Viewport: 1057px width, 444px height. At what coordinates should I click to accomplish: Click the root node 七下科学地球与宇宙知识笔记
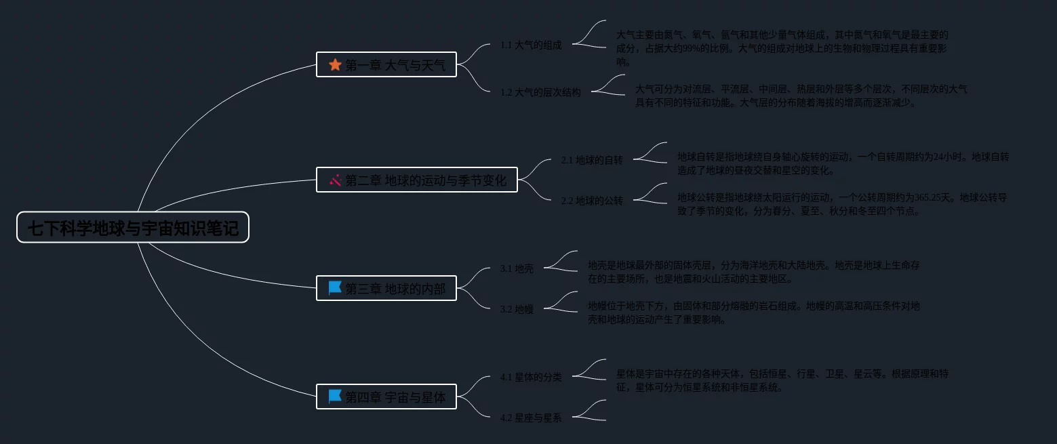(x=133, y=228)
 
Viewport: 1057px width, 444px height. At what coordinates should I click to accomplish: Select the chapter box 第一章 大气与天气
(x=386, y=65)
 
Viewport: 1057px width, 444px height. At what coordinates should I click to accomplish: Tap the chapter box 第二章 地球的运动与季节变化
(x=417, y=180)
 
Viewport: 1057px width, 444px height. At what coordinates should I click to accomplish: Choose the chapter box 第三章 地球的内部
(x=386, y=288)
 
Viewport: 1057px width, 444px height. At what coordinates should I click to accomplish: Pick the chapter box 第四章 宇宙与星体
(x=386, y=397)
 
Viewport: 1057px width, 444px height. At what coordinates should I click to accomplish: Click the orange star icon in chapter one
(x=335, y=65)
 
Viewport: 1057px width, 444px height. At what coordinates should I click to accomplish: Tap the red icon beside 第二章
(x=335, y=180)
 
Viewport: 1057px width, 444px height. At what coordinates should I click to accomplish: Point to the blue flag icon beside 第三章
(x=335, y=288)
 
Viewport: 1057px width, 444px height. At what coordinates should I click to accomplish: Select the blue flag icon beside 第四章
(x=335, y=397)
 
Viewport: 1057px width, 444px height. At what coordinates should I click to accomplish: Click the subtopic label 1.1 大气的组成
(x=531, y=45)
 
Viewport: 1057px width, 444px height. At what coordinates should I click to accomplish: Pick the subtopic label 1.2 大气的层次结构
(x=540, y=92)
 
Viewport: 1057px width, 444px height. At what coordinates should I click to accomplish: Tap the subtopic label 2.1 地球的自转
(x=592, y=160)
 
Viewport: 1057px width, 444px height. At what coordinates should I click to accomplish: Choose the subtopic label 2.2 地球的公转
(x=592, y=201)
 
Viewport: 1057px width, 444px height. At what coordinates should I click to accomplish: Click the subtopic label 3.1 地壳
(x=517, y=268)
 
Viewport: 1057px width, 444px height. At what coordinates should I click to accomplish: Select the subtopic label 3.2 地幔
(x=517, y=309)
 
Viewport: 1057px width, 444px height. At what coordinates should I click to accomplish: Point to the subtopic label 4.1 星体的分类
(x=531, y=377)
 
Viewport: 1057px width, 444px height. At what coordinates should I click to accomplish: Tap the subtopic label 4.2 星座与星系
(x=531, y=418)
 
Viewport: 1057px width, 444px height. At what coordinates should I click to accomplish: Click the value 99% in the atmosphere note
(x=694, y=48)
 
